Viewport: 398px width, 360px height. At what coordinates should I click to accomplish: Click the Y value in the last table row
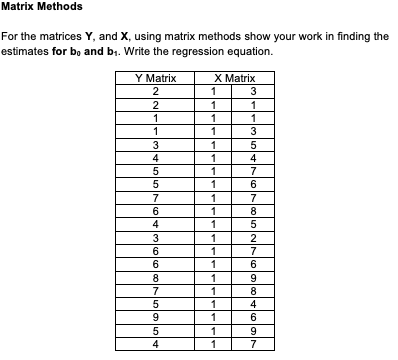pyautogui.click(x=155, y=345)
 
